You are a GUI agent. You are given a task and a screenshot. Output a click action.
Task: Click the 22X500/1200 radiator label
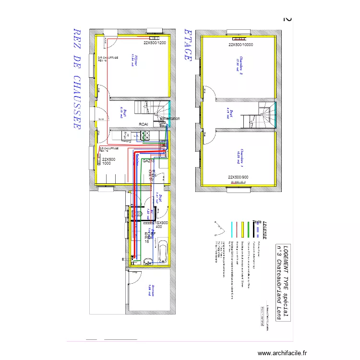pyautogui.click(x=155, y=43)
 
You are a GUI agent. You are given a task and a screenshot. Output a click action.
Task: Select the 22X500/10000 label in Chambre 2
pyautogui.click(x=240, y=45)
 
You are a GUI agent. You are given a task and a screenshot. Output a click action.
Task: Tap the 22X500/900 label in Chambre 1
pyautogui.click(x=238, y=177)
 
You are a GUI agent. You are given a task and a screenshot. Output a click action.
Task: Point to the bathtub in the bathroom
pyautogui.click(x=162, y=252)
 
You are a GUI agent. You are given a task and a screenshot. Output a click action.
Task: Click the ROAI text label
pyautogui.click(x=144, y=124)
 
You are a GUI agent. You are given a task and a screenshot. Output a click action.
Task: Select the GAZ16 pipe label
pyautogui.click(x=148, y=161)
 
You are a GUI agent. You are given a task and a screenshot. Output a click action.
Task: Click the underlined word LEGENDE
pyautogui.click(x=264, y=230)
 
